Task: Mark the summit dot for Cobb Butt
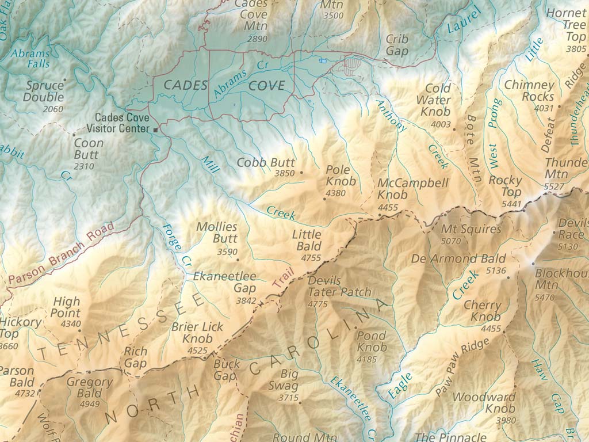click(302, 173)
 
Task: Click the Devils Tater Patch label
click(340, 286)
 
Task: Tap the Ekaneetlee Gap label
click(224, 282)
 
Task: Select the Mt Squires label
click(471, 229)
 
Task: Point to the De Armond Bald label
click(458, 258)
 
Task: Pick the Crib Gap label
click(397, 45)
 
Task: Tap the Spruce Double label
click(44, 92)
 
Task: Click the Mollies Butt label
click(217, 233)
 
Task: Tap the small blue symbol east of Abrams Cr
click(322, 60)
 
